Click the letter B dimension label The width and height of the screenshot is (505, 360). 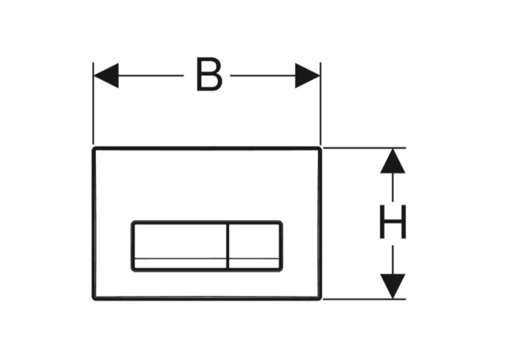(209, 75)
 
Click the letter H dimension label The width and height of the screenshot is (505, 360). (393, 222)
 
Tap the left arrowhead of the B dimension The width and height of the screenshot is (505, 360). (106, 76)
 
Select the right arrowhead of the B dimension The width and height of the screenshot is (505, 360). (308, 76)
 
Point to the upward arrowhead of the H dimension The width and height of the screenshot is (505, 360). (393, 161)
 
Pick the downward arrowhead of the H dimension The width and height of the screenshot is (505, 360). (393, 287)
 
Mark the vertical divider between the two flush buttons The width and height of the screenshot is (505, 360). (228, 246)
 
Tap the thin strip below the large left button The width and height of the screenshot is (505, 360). (180, 264)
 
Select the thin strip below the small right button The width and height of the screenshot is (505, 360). (254, 264)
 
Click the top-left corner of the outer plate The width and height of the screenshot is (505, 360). (94, 148)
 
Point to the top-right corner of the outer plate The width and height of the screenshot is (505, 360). (320, 148)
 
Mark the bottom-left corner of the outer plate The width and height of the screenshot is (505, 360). (94, 299)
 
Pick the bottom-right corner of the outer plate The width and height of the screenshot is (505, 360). (320, 299)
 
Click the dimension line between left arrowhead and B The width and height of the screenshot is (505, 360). (151, 76)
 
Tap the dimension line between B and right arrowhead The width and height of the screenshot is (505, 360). (263, 76)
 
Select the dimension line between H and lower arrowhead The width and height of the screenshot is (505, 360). (393, 260)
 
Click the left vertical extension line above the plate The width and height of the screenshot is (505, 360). (93, 103)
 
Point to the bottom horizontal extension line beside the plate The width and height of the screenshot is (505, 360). (364, 299)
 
